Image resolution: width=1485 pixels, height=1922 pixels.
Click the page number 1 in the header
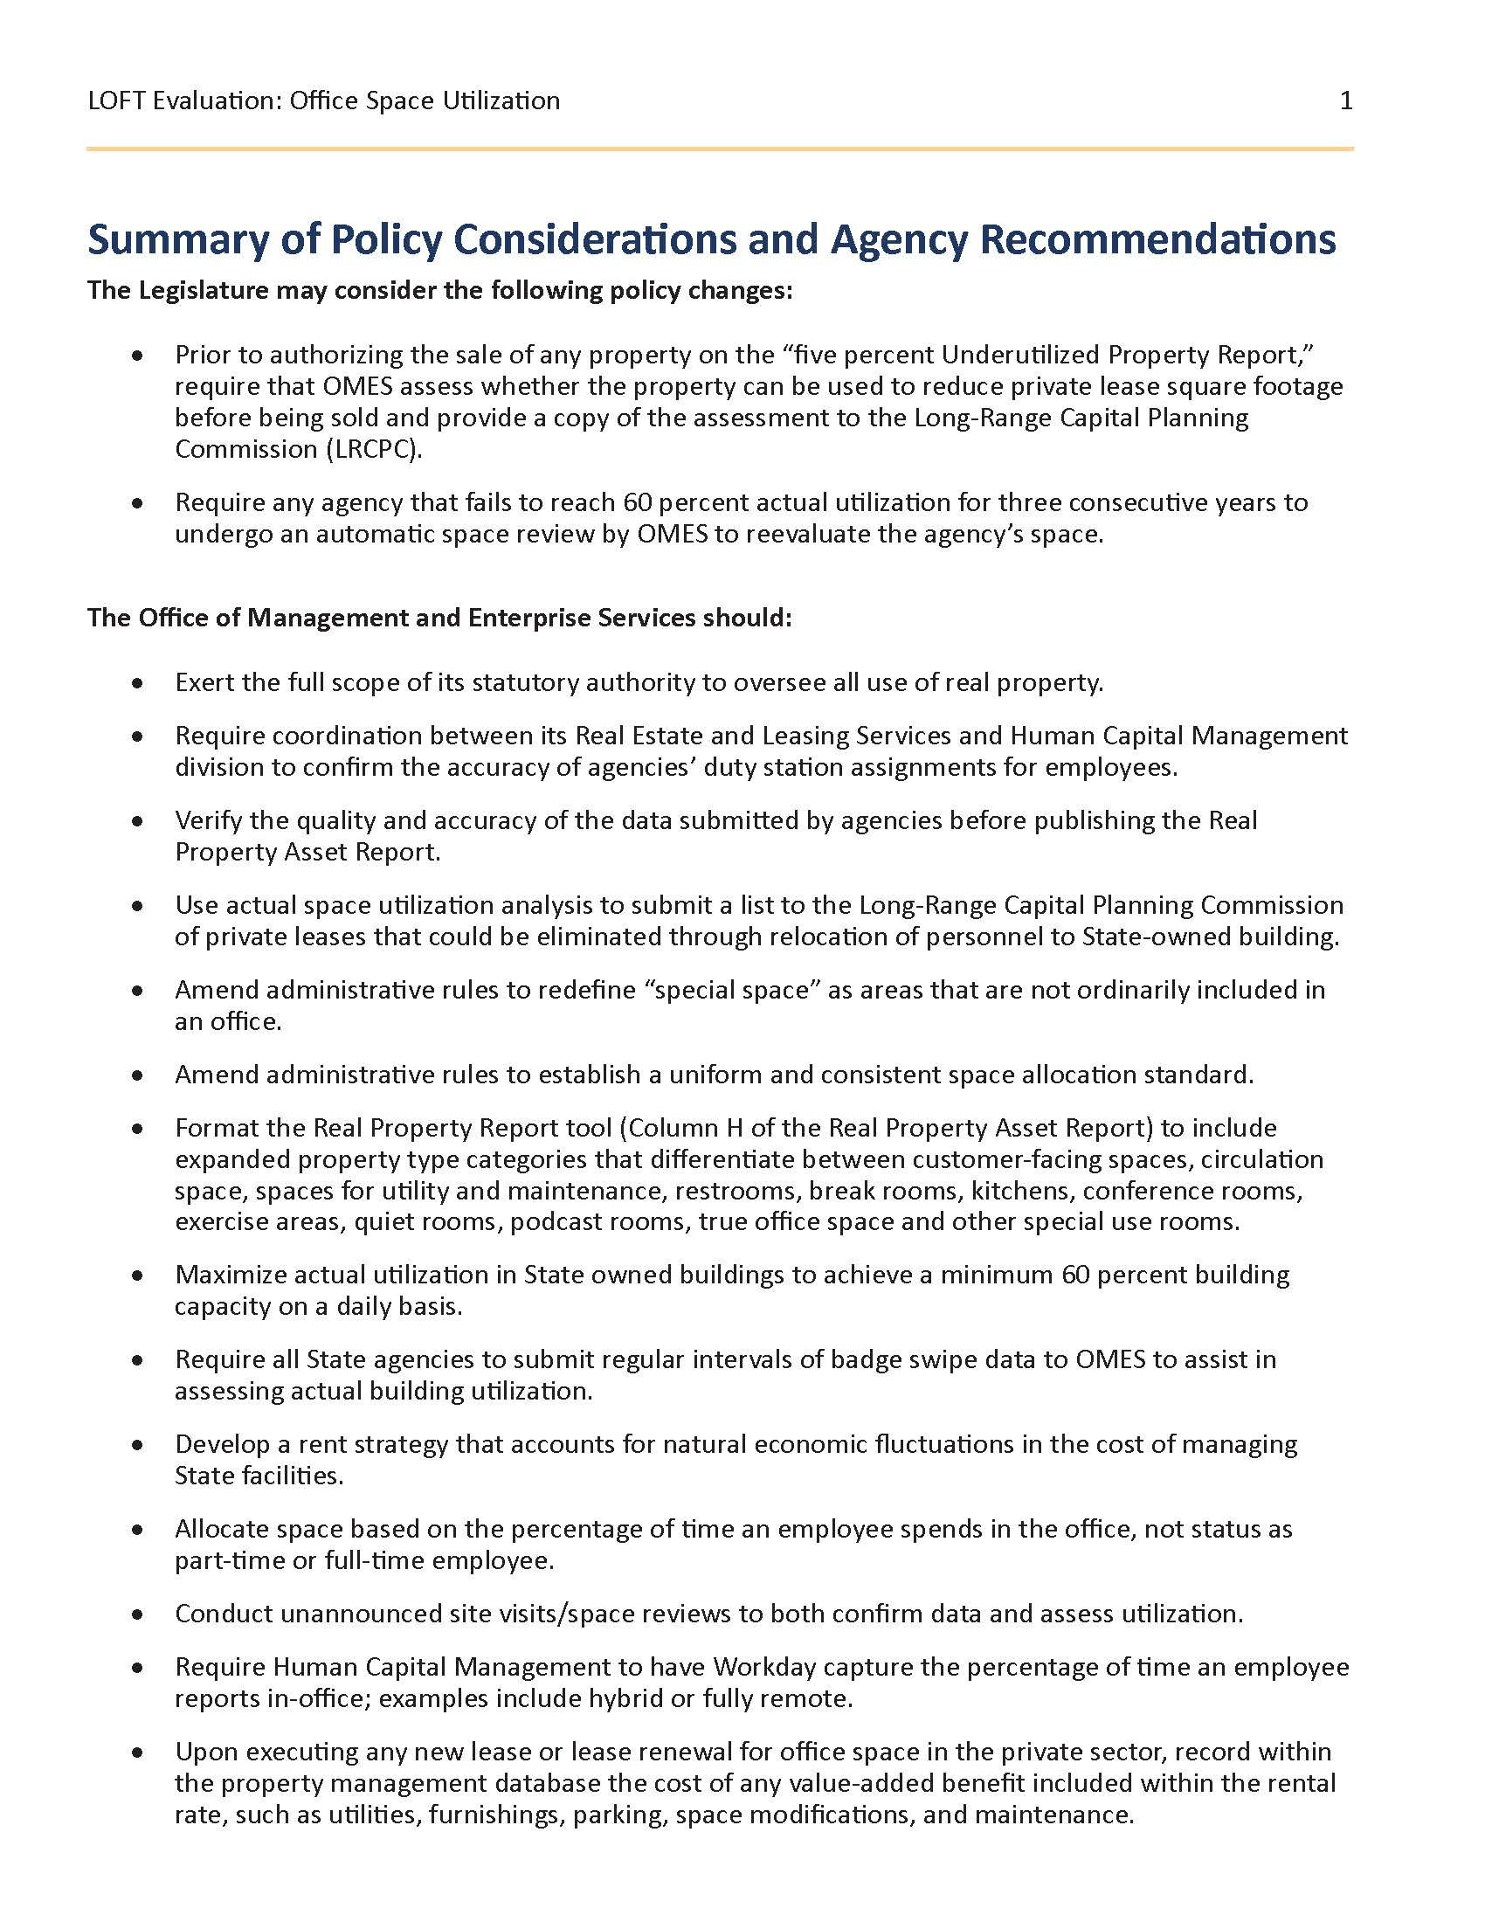click(1345, 100)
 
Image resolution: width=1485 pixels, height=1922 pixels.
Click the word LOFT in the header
click(117, 100)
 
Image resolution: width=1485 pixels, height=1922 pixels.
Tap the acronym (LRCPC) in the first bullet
click(371, 449)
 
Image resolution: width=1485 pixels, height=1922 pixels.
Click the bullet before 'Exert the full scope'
click(137, 683)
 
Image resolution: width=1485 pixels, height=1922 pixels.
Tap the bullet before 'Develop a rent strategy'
click(137, 1445)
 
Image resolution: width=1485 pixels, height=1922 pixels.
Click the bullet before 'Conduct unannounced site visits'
click(137, 1614)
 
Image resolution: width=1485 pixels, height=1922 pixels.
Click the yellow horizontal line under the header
click(720, 149)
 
